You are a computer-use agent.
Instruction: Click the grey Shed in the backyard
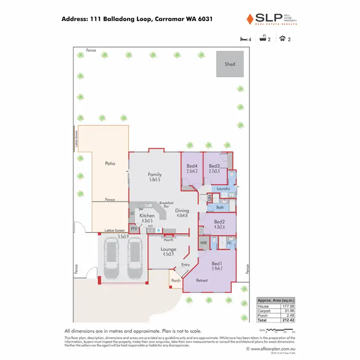pyautogui.click(x=229, y=64)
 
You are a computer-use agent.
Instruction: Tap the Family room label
pyautogui.click(x=155, y=175)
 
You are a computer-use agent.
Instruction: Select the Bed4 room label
pyautogui.click(x=192, y=166)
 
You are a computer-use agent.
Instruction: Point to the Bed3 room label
pyautogui.click(x=214, y=166)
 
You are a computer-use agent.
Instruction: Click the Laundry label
pyautogui.click(x=223, y=189)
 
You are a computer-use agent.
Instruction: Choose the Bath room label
pyautogui.click(x=220, y=207)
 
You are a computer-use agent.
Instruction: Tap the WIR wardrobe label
pyautogui.click(x=203, y=244)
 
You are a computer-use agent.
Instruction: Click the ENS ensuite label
pyautogui.click(x=229, y=244)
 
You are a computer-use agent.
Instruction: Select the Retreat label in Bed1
pyautogui.click(x=202, y=280)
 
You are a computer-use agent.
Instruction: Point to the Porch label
pyautogui.click(x=176, y=281)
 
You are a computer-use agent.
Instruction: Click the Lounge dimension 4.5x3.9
pyautogui.click(x=168, y=254)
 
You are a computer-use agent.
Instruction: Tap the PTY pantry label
pyautogui.click(x=134, y=229)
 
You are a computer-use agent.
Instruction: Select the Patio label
pyautogui.click(x=110, y=164)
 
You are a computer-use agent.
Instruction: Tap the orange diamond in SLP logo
pyautogui.click(x=249, y=19)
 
